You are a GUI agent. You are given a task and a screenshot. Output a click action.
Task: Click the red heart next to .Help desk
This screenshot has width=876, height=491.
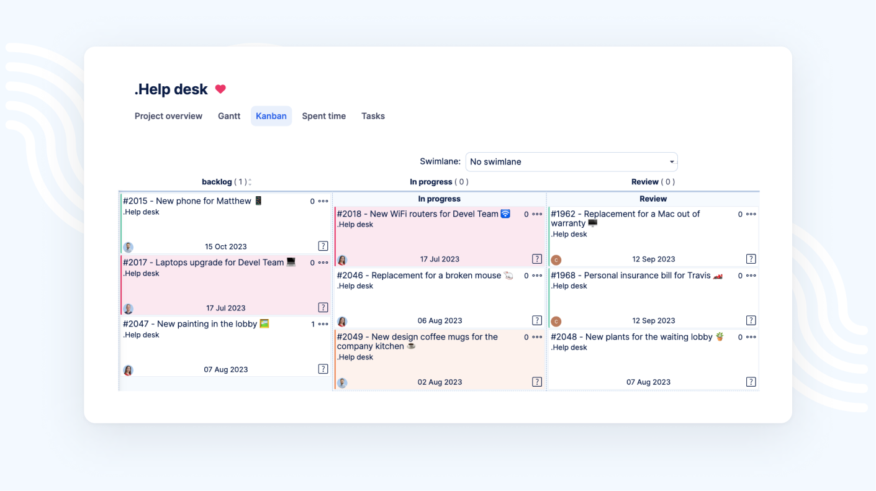tap(220, 89)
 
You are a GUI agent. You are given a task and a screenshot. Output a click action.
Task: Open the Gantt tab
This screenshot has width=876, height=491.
tap(229, 116)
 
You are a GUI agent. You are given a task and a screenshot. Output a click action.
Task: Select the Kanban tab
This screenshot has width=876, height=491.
tap(271, 116)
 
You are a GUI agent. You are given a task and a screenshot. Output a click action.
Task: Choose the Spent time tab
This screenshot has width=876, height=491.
tap(323, 116)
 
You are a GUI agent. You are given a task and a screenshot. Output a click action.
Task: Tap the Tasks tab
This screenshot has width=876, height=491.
tap(373, 116)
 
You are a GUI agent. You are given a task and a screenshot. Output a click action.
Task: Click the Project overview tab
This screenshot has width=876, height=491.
tap(168, 116)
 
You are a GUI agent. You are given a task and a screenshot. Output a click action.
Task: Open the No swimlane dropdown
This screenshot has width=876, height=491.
tap(571, 162)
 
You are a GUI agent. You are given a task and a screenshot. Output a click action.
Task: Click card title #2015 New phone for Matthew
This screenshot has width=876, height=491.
tap(187, 201)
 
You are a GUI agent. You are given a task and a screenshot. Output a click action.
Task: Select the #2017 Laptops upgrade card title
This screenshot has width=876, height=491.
tap(203, 263)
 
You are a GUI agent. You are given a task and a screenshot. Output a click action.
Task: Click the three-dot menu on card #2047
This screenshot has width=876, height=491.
tap(323, 324)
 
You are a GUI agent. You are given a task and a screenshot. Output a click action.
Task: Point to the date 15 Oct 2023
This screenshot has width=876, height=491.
tap(226, 246)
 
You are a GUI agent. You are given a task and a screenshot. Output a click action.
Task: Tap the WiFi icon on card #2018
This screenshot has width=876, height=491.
tap(505, 214)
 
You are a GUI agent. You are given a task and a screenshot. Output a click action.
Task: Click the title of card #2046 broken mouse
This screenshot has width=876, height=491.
tap(419, 276)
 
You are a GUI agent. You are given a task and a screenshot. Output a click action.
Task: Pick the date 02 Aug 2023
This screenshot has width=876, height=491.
tap(440, 382)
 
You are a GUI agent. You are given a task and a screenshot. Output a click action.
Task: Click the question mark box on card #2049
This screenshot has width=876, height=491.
tap(537, 382)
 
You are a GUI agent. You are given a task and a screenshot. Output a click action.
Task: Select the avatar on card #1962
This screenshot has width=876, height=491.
tap(556, 259)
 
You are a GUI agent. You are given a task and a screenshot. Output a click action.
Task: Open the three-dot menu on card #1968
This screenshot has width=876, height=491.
tap(751, 276)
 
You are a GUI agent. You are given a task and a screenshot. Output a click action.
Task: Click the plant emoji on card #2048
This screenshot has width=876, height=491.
tap(720, 336)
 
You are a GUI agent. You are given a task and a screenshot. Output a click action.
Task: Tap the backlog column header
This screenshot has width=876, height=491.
tap(217, 182)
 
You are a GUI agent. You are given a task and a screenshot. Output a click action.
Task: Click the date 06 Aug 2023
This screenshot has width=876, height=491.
tap(440, 321)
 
